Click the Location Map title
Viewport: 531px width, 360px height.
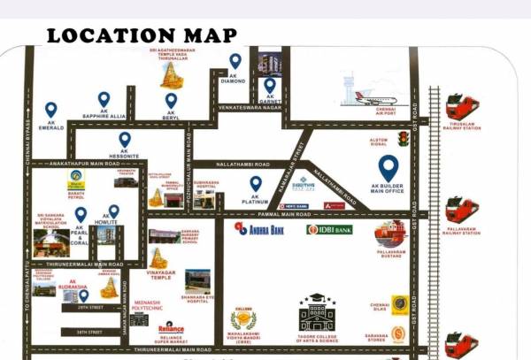pos(142,35)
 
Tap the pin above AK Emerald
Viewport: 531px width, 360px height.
pos(50,110)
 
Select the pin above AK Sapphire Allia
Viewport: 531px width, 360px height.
pos(104,98)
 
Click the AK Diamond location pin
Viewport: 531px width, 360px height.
pos(235,61)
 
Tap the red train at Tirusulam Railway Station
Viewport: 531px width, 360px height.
pos(461,108)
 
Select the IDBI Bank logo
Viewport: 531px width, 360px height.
pos(329,230)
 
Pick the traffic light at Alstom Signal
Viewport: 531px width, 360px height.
pos(404,138)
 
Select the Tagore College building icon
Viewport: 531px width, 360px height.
pos(316,311)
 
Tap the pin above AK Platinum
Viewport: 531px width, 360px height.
pos(255,183)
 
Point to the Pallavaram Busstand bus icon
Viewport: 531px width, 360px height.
pos(390,233)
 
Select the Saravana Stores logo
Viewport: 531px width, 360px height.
pos(399,333)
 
